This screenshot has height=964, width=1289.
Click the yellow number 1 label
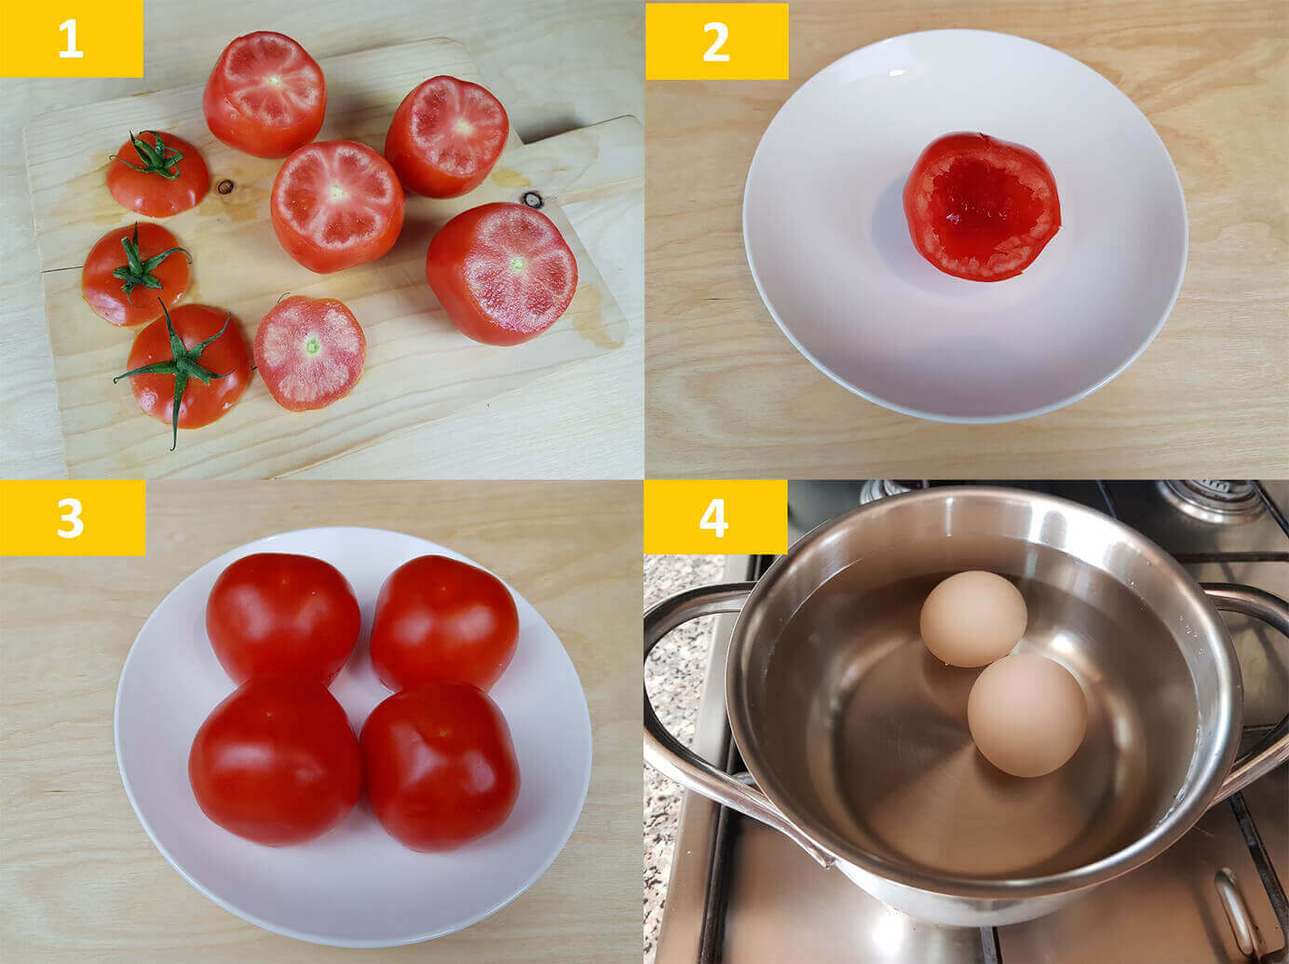71,38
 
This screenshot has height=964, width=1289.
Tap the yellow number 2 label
716,41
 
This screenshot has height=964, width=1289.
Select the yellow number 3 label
73,517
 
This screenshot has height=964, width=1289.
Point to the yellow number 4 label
715,517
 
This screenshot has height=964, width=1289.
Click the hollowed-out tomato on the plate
982,207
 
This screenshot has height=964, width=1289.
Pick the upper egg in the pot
973,618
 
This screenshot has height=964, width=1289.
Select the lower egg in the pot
1027,715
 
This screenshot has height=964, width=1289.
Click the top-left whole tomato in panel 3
283,619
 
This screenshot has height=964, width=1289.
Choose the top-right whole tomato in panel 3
444,623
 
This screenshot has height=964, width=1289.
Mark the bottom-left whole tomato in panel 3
275,761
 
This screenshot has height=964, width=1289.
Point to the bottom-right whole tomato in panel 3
440,767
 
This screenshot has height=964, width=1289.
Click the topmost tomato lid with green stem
158,174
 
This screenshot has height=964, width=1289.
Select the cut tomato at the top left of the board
265,94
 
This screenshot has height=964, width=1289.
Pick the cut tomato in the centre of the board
338,207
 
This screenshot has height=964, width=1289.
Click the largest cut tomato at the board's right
501,274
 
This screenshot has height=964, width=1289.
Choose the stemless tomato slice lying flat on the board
309,353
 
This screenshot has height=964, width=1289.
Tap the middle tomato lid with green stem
136,274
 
